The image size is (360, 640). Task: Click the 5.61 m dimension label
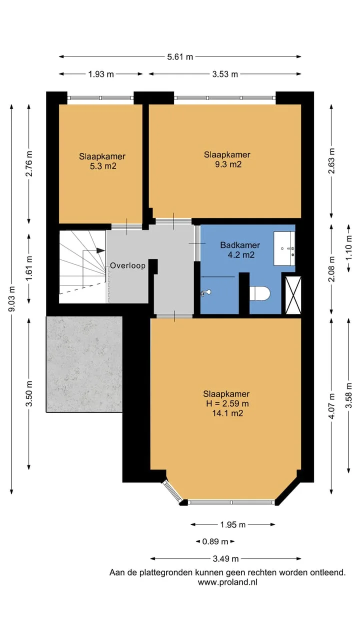pos(180,57)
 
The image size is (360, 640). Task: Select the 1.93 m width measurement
pos(101,74)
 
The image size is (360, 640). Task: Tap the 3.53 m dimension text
pos(225,74)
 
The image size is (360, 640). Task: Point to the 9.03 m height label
pos(11,298)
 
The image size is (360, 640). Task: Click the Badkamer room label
pos(240,245)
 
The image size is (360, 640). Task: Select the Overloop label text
pos(127,265)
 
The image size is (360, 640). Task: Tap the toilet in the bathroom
pos(259,293)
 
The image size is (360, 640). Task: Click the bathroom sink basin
pos(284,248)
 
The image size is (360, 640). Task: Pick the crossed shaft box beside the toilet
pos(293,295)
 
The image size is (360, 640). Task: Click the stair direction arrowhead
pos(100,250)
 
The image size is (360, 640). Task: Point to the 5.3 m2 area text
pos(103,166)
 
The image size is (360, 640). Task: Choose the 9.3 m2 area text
pos(228,164)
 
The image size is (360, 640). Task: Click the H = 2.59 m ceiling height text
pos(227,403)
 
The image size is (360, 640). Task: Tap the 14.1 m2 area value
pos(227,413)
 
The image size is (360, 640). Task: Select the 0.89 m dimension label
pos(215,541)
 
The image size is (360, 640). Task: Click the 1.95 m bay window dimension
pos(233,524)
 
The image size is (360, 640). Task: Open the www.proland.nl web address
pos(227,582)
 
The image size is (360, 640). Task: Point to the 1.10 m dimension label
pos(348,248)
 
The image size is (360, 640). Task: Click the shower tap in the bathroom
pos(205,292)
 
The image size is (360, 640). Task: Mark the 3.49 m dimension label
pos(225,558)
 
